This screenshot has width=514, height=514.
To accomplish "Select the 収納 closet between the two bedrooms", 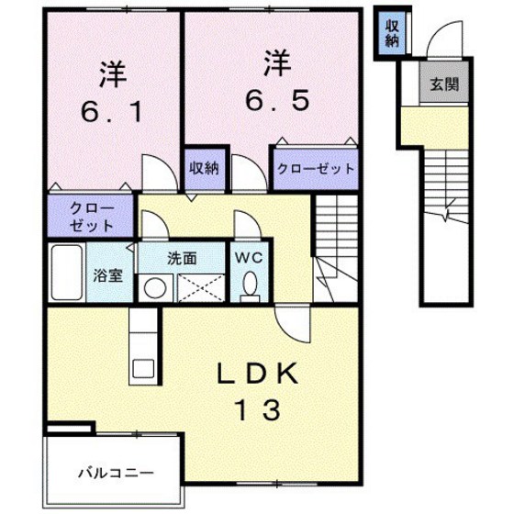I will click(x=204, y=168).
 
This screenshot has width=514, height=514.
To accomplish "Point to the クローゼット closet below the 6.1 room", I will click(x=91, y=217).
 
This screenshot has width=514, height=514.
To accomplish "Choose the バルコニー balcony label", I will click(x=116, y=473).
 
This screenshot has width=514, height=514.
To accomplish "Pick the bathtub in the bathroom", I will click(x=67, y=272).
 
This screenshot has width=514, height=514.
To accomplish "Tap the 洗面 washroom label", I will click(x=181, y=258).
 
